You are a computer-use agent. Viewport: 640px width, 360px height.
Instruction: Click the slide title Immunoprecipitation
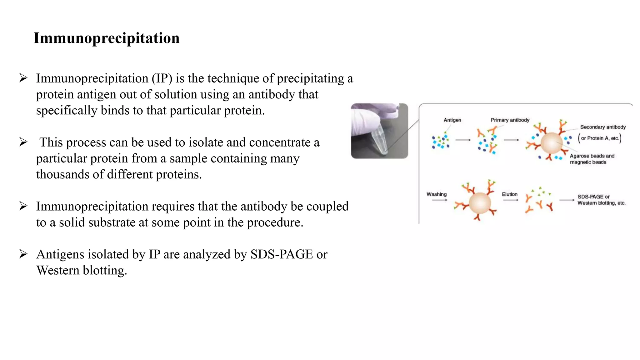pos(107,38)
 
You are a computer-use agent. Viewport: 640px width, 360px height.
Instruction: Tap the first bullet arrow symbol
pos(23,78)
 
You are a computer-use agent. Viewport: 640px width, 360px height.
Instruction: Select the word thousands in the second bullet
pos(62,174)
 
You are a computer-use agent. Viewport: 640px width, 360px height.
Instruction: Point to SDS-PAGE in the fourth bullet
pos(282,254)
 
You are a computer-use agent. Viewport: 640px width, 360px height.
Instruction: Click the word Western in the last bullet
pos(58,270)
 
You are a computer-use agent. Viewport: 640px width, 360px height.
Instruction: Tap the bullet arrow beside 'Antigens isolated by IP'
pos(23,254)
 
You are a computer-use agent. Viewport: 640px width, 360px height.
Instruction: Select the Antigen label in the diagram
pos(452,120)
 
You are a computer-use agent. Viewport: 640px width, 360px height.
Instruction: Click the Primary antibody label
pos(510,120)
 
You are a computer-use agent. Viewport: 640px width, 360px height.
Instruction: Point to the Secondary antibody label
pos(603,127)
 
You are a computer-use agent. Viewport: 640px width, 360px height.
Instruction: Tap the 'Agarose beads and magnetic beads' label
pos(592,159)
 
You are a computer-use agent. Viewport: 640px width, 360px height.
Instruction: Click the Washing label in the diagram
pos(437,194)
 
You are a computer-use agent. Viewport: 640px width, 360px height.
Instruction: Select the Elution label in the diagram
pos(510,194)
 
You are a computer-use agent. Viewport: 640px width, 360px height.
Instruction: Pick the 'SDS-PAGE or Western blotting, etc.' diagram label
pos(601,200)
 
